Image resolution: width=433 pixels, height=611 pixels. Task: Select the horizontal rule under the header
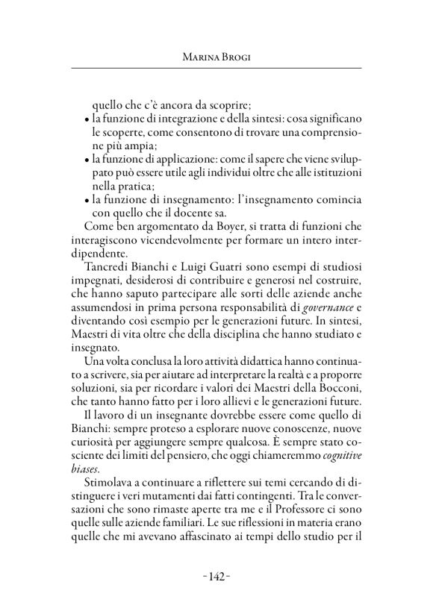(x=216, y=69)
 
